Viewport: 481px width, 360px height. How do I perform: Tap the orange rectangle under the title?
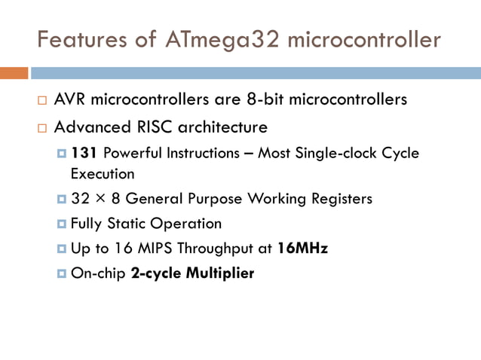14,73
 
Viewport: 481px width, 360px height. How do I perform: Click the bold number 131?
84,154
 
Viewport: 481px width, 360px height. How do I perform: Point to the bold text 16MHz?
302,248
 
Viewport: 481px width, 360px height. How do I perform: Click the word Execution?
103,174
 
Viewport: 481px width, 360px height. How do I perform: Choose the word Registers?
339,199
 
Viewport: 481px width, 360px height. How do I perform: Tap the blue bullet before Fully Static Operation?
62,224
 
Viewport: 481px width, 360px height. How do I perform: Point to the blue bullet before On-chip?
62,273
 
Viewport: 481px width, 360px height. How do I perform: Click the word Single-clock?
337,154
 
